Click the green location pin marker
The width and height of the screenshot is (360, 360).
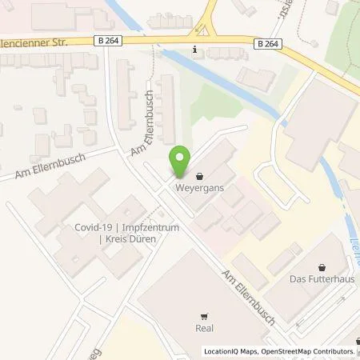(x=181, y=160)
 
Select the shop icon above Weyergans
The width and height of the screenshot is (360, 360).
(x=198, y=177)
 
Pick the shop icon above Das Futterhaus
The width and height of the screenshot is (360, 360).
(x=322, y=267)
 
